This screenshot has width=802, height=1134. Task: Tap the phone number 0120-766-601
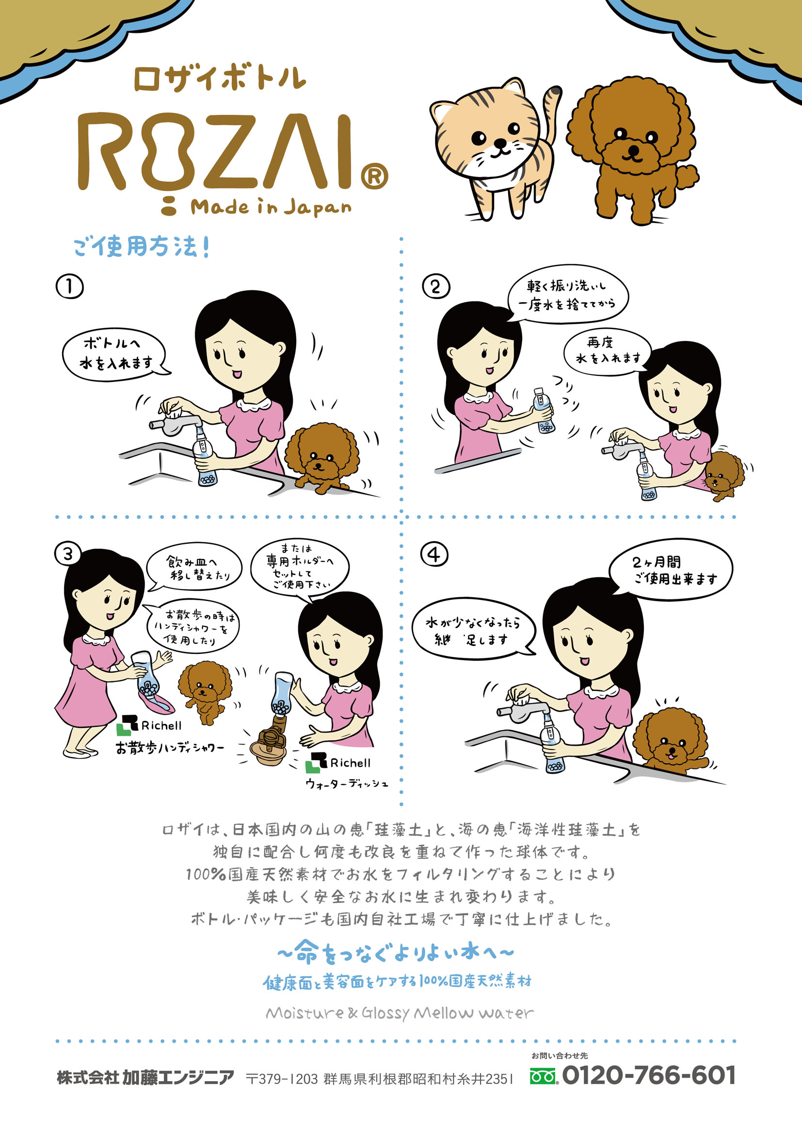point(649,1075)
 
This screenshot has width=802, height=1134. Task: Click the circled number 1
point(70,287)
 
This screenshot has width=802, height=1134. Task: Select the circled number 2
point(436,287)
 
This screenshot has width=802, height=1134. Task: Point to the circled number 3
point(68,554)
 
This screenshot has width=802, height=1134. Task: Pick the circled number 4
point(434,554)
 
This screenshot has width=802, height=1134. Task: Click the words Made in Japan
point(271,207)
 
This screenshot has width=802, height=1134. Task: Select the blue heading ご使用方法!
point(142,246)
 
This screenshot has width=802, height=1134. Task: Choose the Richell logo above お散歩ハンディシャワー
point(149,725)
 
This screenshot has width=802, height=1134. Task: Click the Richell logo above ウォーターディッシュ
point(338,763)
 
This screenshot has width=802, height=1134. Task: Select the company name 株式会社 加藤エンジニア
point(145,1077)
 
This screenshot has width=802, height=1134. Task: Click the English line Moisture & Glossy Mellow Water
point(400,1013)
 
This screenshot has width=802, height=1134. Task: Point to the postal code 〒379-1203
point(282,1079)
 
